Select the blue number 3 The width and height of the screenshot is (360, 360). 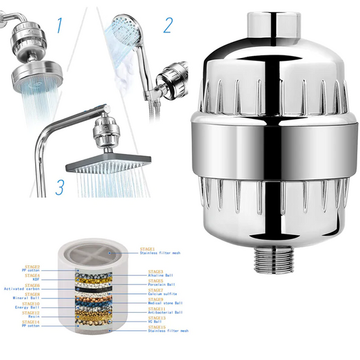(x=60, y=186)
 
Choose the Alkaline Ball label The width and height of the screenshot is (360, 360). (x=162, y=275)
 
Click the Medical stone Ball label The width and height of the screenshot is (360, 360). (x=166, y=303)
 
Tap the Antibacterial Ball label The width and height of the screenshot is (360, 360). (x=166, y=312)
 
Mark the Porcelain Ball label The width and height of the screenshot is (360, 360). (x=163, y=284)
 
